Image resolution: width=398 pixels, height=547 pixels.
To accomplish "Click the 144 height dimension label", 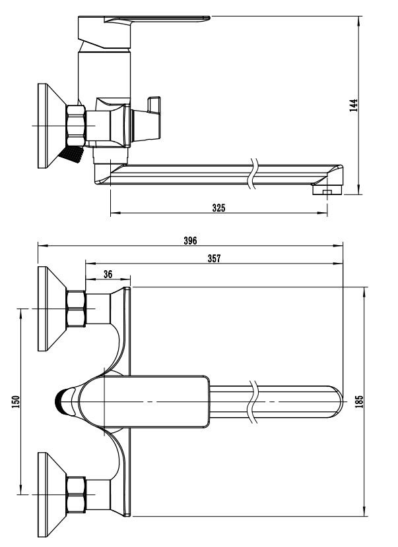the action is (x=354, y=105).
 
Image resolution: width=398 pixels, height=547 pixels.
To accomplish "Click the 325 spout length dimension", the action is (x=218, y=208).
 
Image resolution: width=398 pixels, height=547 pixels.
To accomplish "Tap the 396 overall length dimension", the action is (x=190, y=241).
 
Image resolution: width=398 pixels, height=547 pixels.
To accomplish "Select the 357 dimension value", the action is (x=214, y=258).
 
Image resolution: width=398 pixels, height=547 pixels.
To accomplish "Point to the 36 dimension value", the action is (x=108, y=275).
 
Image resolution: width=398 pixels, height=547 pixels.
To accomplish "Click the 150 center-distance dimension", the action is (x=16, y=402).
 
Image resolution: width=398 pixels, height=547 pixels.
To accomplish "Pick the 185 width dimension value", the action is (x=359, y=401).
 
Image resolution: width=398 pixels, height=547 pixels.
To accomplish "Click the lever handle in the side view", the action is (x=143, y=31).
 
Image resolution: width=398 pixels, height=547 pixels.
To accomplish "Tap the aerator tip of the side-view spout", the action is (x=327, y=190).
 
